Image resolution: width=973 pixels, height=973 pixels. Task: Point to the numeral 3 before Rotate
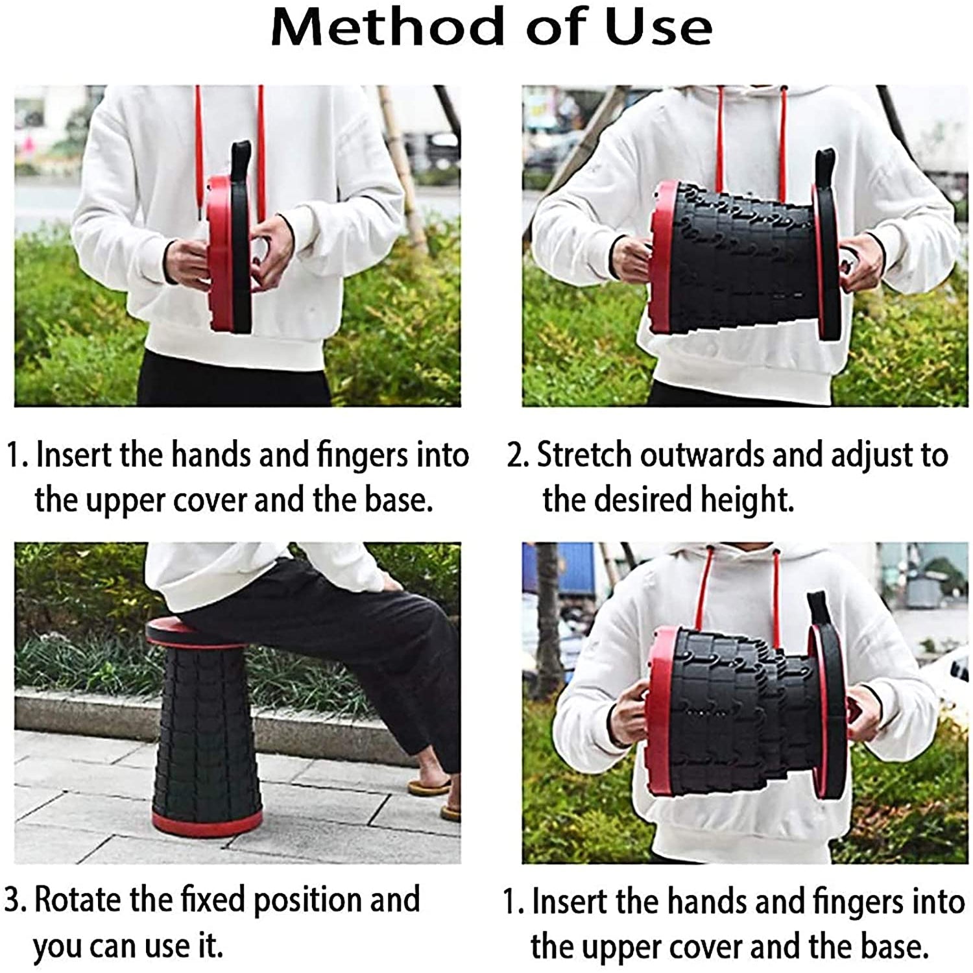[x=13, y=900]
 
